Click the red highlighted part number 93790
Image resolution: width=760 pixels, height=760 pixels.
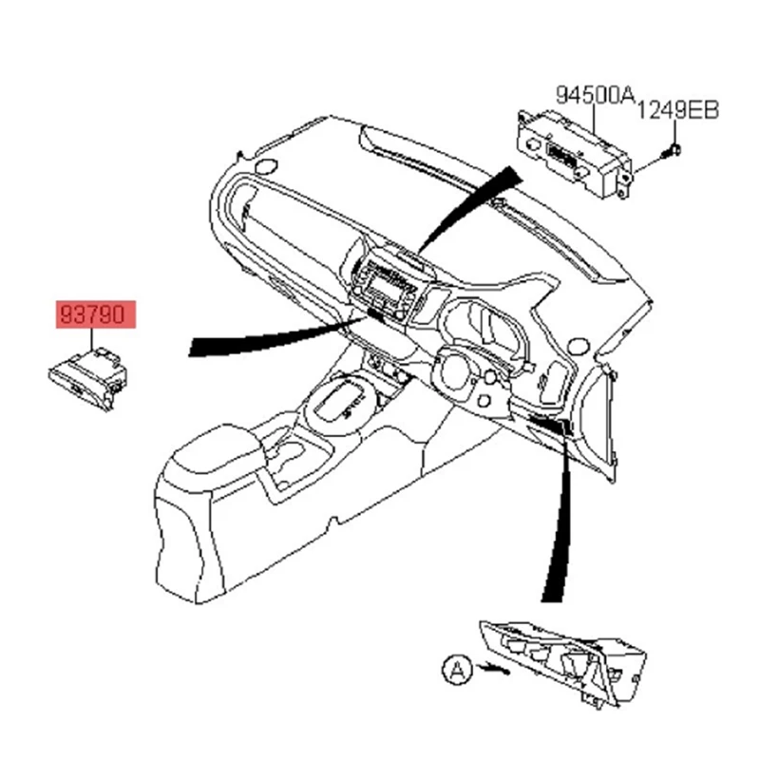95,315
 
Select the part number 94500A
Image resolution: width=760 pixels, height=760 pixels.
595,95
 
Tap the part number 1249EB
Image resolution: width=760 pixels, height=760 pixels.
677,110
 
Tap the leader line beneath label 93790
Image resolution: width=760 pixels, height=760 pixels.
93,340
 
